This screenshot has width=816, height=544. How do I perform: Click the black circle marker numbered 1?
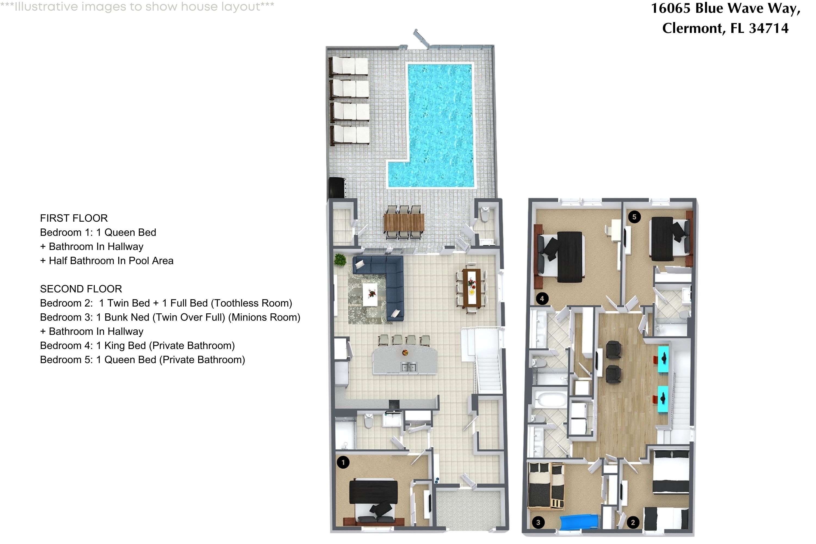coord(343,462)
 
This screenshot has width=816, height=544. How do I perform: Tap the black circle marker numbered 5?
coord(634,217)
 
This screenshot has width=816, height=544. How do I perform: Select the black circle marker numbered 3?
coord(538,522)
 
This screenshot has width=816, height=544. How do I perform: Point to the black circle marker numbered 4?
coord(542,298)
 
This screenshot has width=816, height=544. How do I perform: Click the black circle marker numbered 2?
coord(633,522)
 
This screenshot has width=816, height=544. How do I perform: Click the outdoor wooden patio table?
coord(404,222)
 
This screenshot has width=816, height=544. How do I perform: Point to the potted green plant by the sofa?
coord(340,259)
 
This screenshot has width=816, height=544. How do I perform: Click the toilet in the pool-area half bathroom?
coord(485,214)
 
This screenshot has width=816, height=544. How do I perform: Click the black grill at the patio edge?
coord(336,188)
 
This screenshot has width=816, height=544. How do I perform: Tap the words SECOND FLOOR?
coord(81,289)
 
